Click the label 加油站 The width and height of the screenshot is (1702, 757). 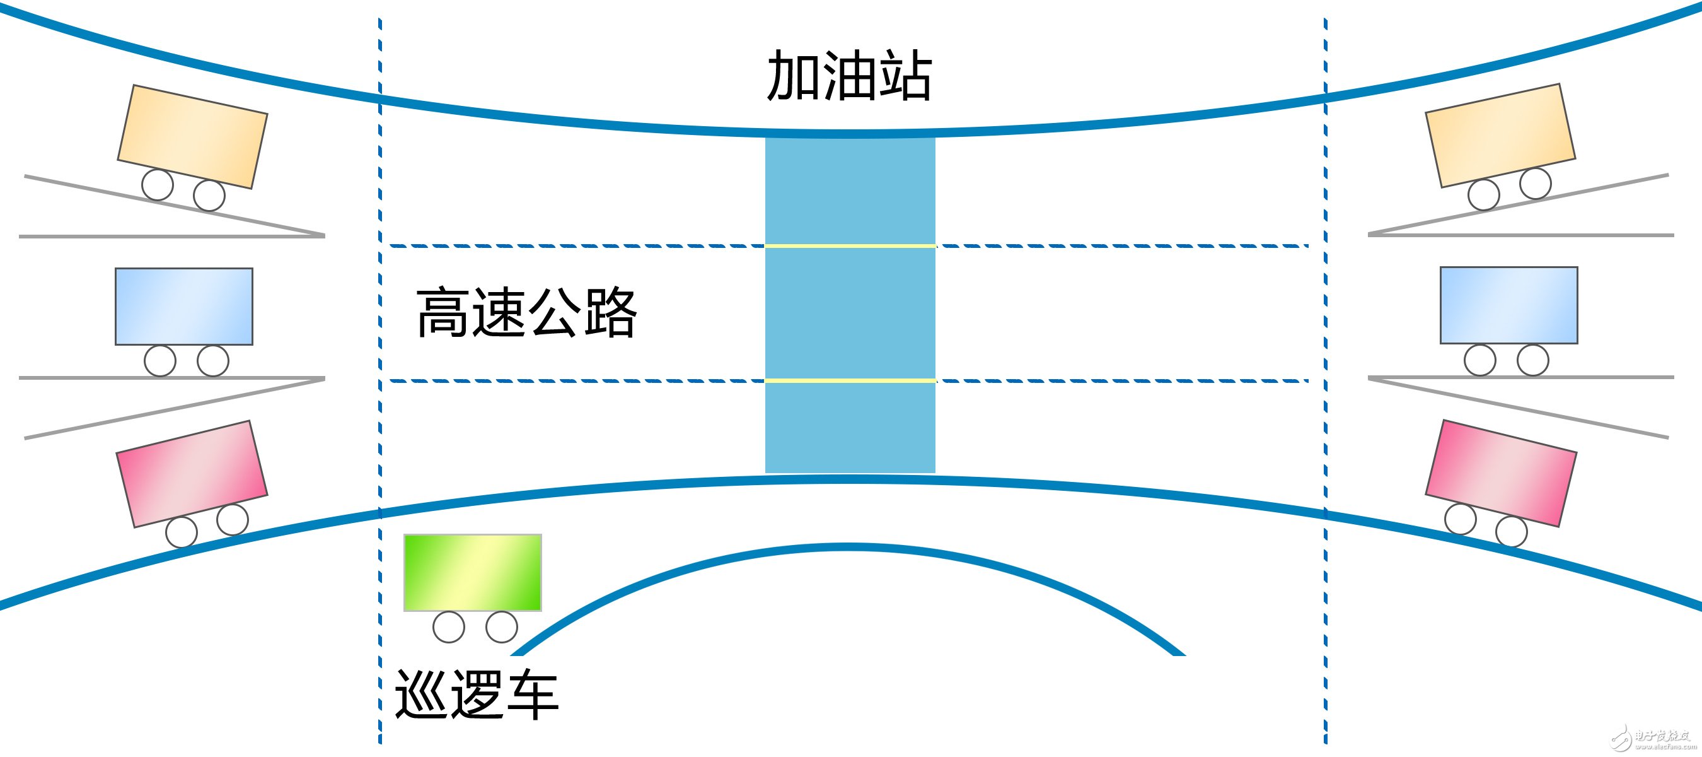pyautogui.click(x=849, y=76)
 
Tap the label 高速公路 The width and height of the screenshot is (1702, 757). pyautogui.click(x=526, y=313)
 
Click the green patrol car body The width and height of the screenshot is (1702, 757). pyautogui.click(x=472, y=573)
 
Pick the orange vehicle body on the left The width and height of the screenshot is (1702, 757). pyautogui.click(x=192, y=136)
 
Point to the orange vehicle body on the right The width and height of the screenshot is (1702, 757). pyautogui.click(x=1500, y=135)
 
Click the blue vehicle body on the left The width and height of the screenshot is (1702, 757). pyautogui.click(x=183, y=306)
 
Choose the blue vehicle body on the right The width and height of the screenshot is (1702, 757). pyautogui.click(x=1508, y=305)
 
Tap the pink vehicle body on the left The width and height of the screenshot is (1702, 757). pyautogui.click(x=192, y=473)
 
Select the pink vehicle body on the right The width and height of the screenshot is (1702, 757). pyautogui.click(x=1500, y=472)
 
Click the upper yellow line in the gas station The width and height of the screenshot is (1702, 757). pyautogui.click(x=850, y=246)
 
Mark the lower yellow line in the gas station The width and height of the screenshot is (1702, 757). pyautogui.click(x=850, y=381)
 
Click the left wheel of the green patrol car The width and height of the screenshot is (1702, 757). pyautogui.click(x=449, y=627)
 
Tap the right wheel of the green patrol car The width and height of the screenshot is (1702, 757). pyautogui.click(x=502, y=627)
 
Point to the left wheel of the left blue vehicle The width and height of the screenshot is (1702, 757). pyautogui.click(x=160, y=361)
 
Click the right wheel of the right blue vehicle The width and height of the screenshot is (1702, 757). pyautogui.click(x=1533, y=360)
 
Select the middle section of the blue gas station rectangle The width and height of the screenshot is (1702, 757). pyautogui.click(x=850, y=314)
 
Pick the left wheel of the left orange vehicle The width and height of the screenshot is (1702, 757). pyautogui.click(x=157, y=184)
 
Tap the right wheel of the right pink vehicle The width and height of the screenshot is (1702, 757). pyautogui.click(x=1512, y=531)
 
